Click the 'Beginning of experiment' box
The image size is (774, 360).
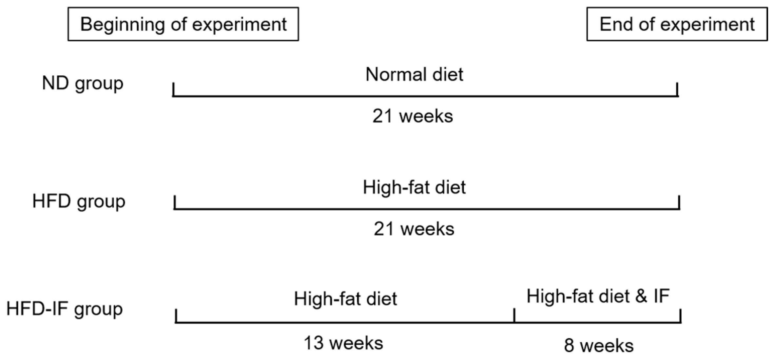183,24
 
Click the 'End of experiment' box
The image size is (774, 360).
677,24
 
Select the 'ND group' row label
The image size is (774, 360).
83,83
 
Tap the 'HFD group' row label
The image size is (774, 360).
79,201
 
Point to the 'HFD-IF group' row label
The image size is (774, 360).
65,309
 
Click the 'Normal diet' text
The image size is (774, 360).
414,74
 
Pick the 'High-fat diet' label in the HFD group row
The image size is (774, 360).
414,187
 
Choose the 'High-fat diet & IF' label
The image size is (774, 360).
598,296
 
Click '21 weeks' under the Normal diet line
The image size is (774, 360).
413,116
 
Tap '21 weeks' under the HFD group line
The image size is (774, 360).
414,229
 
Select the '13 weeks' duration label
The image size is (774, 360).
343,343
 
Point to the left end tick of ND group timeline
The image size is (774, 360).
173,89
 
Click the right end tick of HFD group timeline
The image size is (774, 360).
679,202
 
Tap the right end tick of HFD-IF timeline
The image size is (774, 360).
681,316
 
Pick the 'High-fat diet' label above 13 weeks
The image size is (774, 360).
345,299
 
